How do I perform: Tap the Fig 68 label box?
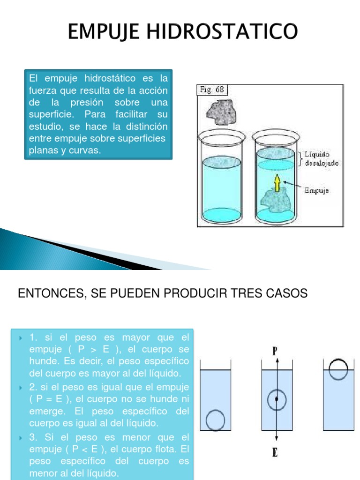point(212,90)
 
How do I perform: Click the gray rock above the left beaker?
point(222,112)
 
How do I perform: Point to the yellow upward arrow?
point(277,183)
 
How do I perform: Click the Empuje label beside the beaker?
point(316,190)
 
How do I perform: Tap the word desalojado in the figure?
point(322,163)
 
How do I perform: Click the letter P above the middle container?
point(275,351)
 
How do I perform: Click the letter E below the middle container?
point(275,452)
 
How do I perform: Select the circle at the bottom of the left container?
point(215,420)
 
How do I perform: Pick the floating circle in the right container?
point(338,369)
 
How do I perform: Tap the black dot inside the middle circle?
point(277,399)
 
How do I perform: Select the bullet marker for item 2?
point(21,388)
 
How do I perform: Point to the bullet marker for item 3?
point(21,438)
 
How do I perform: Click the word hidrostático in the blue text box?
point(110,78)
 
